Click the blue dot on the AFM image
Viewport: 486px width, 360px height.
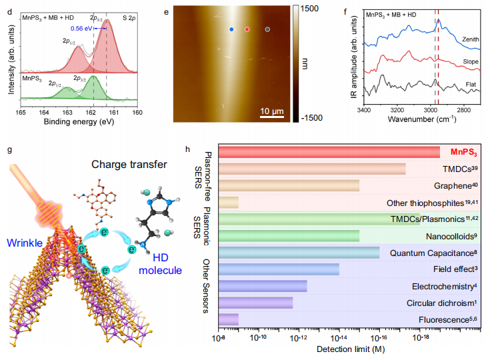(231, 30)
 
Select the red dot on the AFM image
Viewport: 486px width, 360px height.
(247, 30)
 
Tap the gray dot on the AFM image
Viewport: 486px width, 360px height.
(268, 30)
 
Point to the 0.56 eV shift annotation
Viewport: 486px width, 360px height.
(77, 29)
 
